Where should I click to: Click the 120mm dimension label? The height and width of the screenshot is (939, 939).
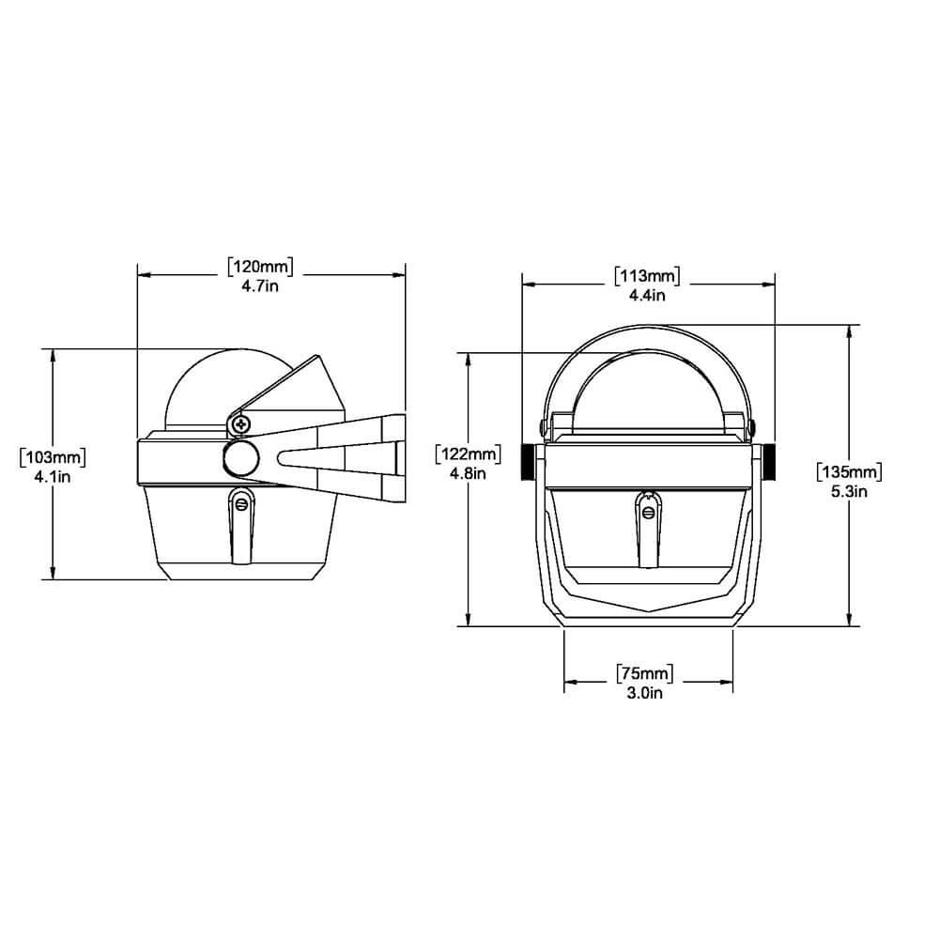point(260,267)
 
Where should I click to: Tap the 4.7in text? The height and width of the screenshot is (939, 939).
point(260,285)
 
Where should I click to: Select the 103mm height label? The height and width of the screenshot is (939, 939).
point(53,457)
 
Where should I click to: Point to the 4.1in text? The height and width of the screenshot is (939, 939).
point(53,477)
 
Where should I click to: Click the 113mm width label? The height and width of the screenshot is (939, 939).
point(647,276)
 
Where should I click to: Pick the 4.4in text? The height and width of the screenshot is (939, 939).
point(647,295)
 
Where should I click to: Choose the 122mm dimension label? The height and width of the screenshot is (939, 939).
point(469,454)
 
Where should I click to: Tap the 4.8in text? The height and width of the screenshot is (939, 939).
point(468,473)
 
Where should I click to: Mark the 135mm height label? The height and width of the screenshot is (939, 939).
point(849,472)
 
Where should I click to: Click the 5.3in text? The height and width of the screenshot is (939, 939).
point(849,491)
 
